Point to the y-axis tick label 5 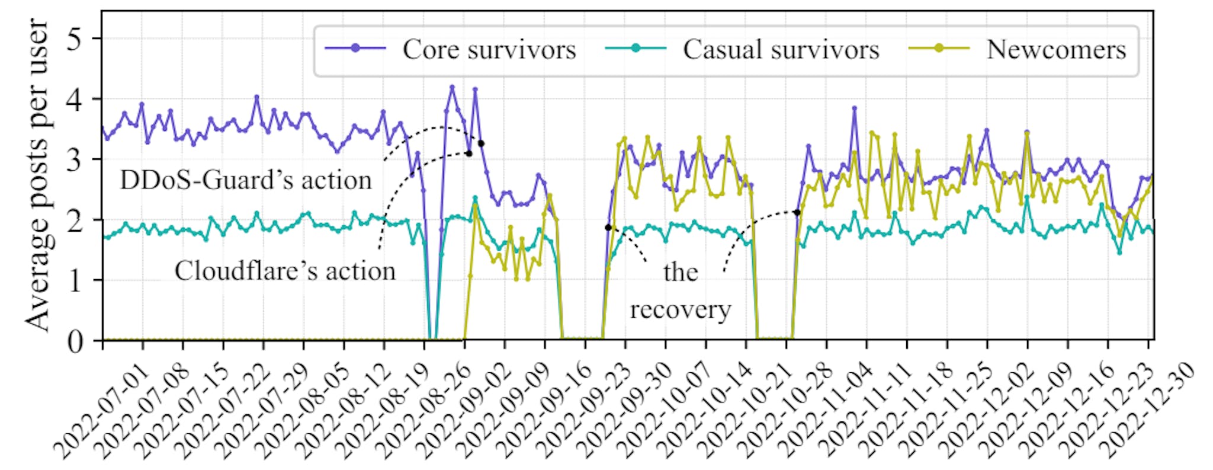point(75,39)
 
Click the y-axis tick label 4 point(75,100)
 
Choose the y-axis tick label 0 point(75,342)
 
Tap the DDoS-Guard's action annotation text point(246,180)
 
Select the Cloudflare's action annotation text point(285,271)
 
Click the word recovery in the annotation point(681,309)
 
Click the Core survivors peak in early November point(854,108)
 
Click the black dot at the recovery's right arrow point(797,212)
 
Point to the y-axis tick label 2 point(75,220)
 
